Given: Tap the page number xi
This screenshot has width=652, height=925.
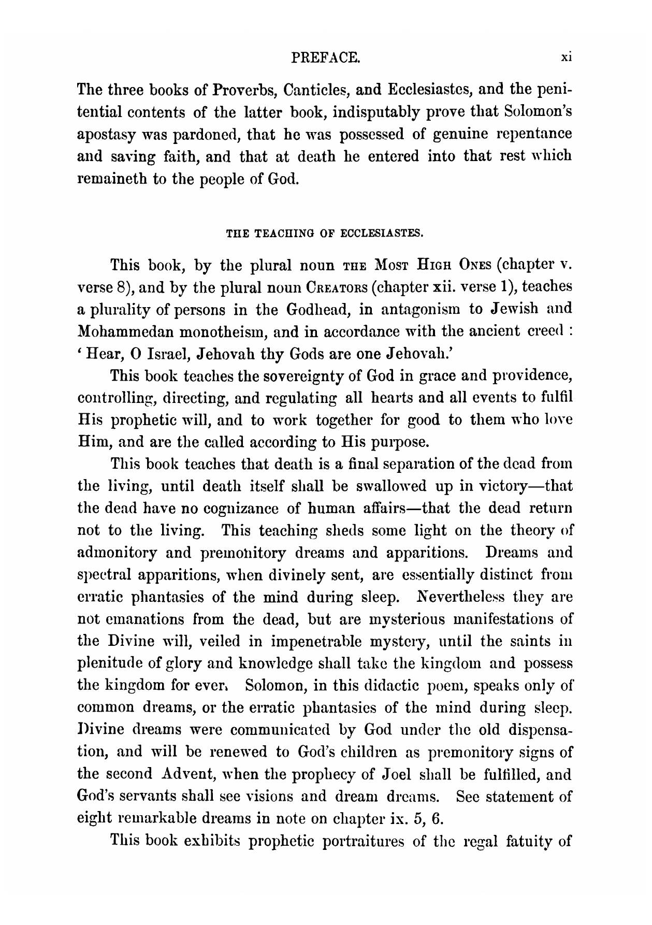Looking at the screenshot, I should point(566,58).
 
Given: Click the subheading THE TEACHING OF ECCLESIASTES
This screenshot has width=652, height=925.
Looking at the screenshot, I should point(325,234).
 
